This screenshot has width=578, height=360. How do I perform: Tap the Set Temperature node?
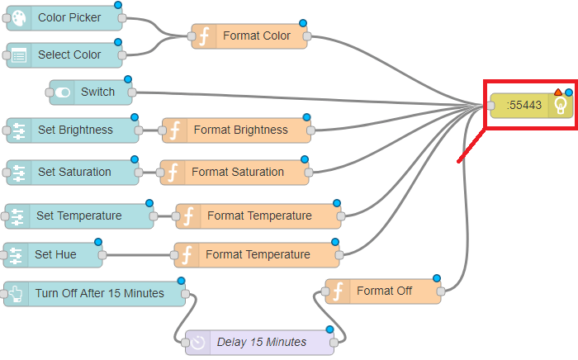pyautogui.click(x=79, y=216)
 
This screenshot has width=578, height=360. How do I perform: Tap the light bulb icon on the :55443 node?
pyautogui.click(x=561, y=105)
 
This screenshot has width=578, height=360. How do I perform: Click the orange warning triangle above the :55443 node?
pyautogui.click(x=558, y=92)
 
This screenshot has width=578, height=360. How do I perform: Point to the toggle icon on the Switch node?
pyautogui.click(x=63, y=92)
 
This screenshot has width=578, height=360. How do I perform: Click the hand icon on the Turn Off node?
pyautogui.click(x=17, y=293)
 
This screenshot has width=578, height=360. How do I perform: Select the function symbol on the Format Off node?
pyautogui.click(x=339, y=291)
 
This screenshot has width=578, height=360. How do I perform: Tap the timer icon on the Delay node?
pyautogui.click(x=199, y=342)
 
